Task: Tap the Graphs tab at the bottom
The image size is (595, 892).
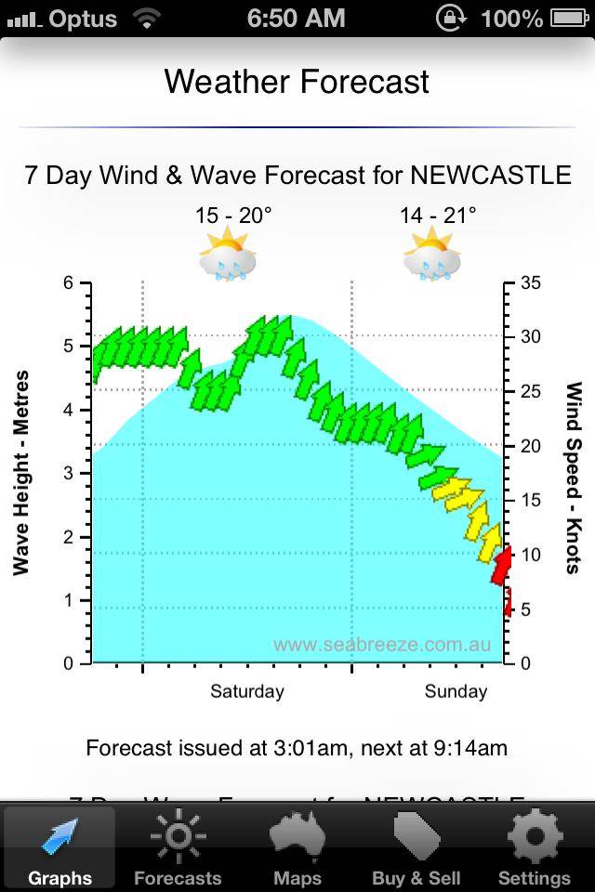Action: pyautogui.click(x=59, y=848)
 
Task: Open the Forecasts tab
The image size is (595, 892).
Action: pyautogui.click(x=178, y=848)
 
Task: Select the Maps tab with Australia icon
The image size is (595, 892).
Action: pyautogui.click(x=297, y=848)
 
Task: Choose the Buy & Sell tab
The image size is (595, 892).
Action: pyautogui.click(x=416, y=848)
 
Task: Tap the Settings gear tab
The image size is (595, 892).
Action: pyautogui.click(x=535, y=848)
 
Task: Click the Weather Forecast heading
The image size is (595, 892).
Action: pyautogui.click(x=297, y=82)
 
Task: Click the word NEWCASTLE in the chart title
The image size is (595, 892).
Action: pyautogui.click(x=491, y=175)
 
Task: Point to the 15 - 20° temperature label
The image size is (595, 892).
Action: pyautogui.click(x=233, y=216)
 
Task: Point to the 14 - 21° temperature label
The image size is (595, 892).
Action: pyautogui.click(x=438, y=216)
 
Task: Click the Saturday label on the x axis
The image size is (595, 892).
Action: pyautogui.click(x=247, y=691)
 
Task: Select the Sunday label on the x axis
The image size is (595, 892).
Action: pyautogui.click(x=456, y=691)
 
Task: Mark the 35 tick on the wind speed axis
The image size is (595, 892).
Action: pyautogui.click(x=531, y=282)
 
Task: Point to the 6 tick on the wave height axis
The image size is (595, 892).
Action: pyautogui.click(x=68, y=282)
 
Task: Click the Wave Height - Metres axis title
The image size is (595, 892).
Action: pyautogui.click(x=22, y=473)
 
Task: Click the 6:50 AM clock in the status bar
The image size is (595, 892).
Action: pyautogui.click(x=297, y=18)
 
